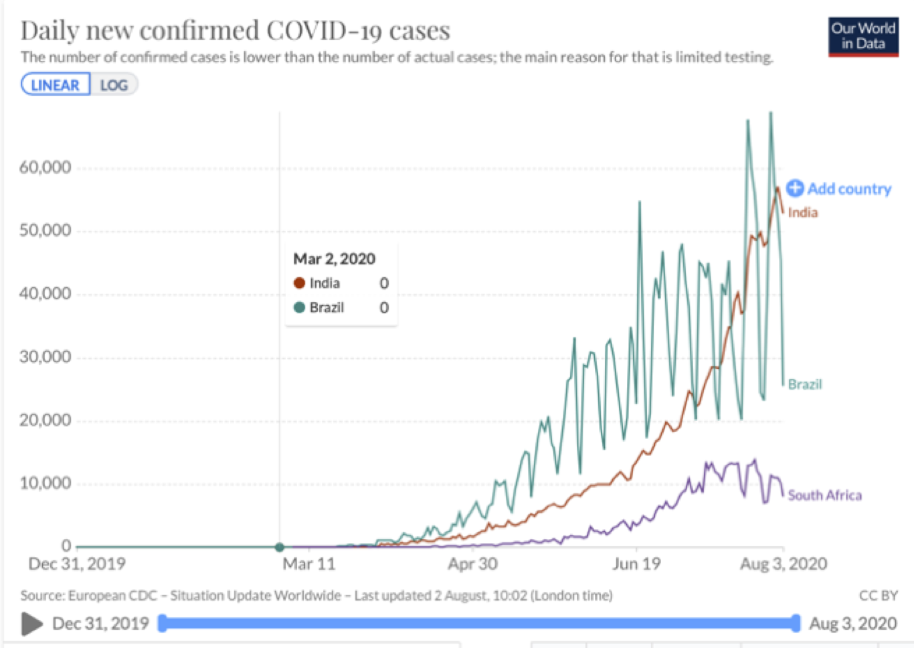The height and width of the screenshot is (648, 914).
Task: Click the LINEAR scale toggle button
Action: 56,85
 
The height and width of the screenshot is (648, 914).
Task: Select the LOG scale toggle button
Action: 114,85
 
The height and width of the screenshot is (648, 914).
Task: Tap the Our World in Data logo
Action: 862,36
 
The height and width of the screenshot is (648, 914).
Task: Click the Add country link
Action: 839,189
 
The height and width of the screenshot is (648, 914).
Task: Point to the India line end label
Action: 802,212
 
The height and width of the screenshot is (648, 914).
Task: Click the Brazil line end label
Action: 804,384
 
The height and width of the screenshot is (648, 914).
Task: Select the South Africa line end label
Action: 824,495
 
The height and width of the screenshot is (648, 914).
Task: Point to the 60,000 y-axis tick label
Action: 45,167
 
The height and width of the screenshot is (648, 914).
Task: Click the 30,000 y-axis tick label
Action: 45,357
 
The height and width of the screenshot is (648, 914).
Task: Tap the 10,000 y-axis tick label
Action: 45,483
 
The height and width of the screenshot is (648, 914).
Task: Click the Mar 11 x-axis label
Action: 308,564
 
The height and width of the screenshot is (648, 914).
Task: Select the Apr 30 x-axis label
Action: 472,564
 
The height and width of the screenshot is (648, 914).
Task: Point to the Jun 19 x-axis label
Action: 636,564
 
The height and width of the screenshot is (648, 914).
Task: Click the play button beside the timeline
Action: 31,623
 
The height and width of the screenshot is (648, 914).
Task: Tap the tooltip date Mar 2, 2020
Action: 334,259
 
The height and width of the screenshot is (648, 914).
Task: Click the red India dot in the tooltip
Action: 299,283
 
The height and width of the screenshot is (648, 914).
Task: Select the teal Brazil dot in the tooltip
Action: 299,307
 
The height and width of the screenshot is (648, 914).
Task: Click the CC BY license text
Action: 878,595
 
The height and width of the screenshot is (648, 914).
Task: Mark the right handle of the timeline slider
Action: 796,623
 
